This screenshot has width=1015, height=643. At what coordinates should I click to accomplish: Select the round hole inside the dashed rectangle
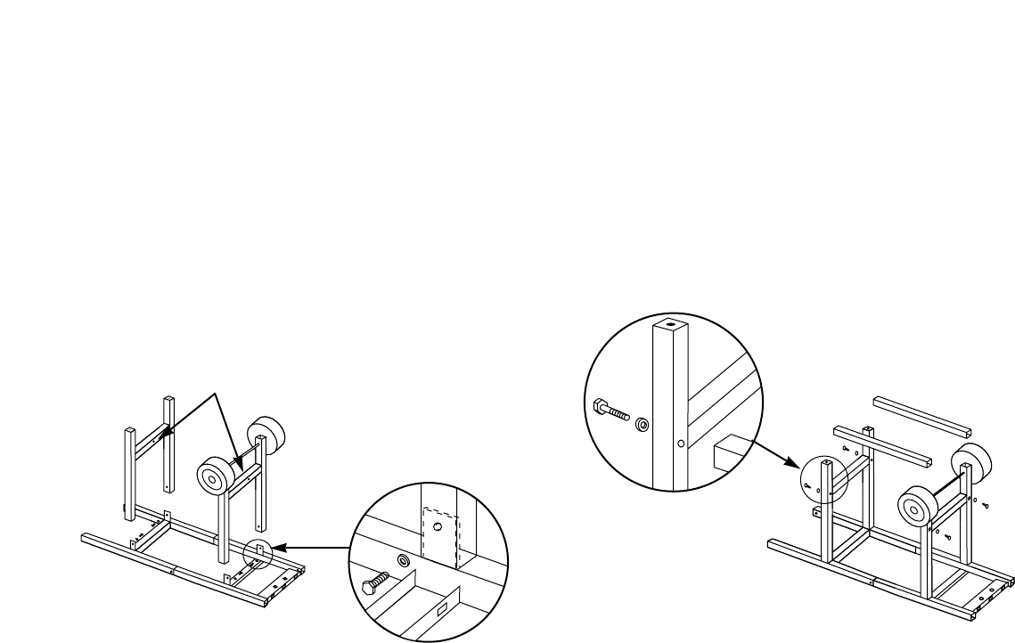coord(437,527)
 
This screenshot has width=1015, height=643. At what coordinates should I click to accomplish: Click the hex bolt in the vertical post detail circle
coord(610,411)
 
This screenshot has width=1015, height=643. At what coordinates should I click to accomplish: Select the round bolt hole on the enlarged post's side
coord(681,441)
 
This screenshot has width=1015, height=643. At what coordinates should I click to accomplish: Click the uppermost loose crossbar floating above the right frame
coord(921,415)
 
